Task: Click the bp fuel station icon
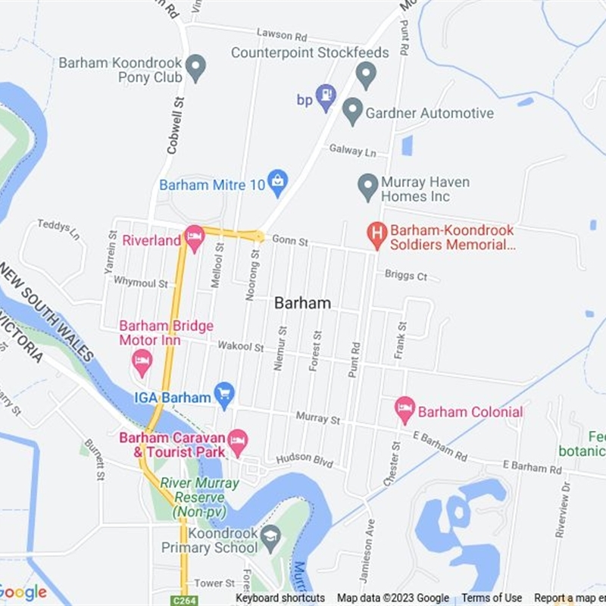tap(326, 96)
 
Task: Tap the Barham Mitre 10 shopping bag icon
tap(278, 181)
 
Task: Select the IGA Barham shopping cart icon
tap(223, 393)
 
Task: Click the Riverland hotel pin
tap(195, 238)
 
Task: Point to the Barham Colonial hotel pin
tap(405, 409)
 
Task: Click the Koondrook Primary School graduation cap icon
tap(270, 538)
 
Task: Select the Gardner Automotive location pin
tap(352, 111)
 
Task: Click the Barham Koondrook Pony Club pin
tap(196, 67)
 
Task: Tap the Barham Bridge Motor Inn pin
tap(142, 361)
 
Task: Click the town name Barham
tap(302, 303)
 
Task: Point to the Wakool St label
tap(240, 347)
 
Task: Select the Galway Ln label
tap(352, 150)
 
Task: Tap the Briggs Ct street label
tap(406, 276)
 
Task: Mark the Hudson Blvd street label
tap(305, 459)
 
